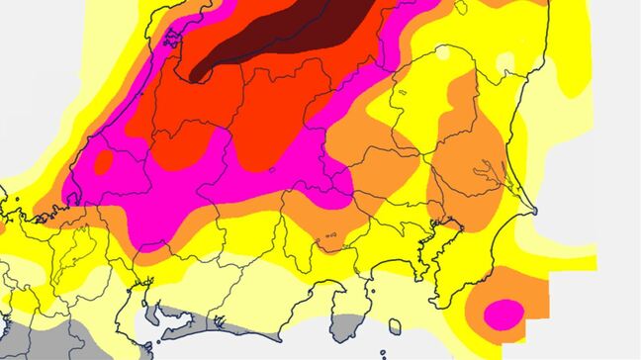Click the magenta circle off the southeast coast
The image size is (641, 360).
[x=504, y=312]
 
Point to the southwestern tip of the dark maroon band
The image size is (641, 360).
[x=196, y=75]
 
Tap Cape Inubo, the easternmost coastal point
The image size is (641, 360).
[x=535, y=211]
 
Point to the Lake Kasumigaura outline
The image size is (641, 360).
[x=489, y=174]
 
